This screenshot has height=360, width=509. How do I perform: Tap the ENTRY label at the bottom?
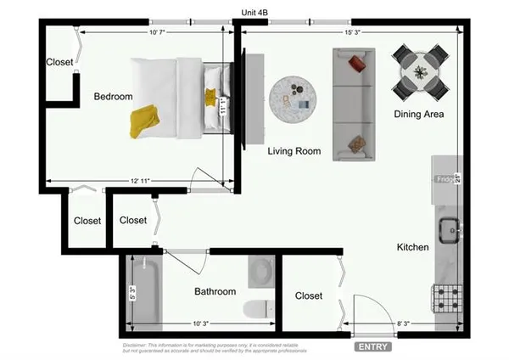(372, 347)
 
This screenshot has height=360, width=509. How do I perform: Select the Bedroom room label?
(113, 97)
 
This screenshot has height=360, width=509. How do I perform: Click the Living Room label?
(294, 152)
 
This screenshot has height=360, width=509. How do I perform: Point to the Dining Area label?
(419, 114)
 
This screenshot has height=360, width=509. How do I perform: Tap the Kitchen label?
(413, 247)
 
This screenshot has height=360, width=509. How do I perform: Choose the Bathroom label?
(215, 292)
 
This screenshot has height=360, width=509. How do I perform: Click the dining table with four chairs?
(422, 70)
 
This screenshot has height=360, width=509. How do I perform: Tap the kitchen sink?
(448, 228)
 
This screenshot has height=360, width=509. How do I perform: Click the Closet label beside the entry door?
(309, 296)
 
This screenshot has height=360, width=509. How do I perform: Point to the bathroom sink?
(260, 272)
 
